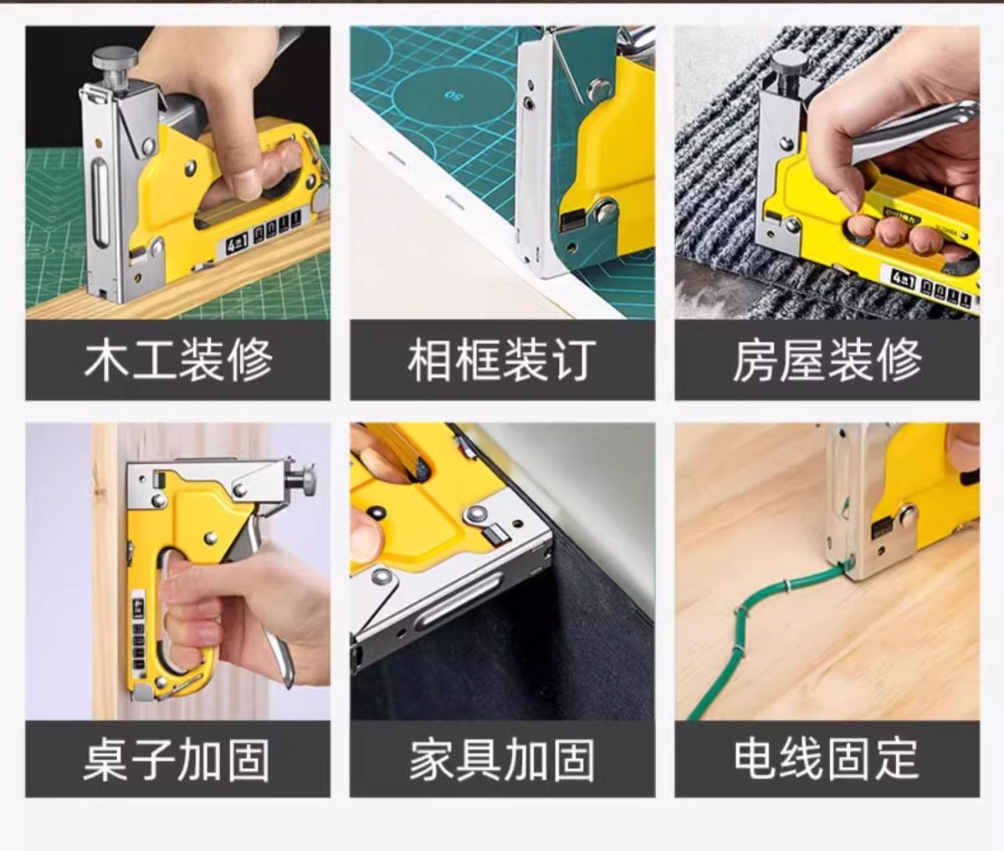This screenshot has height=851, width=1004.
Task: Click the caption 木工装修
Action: (x=178, y=359)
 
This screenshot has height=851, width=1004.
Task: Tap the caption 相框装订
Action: (x=502, y=359)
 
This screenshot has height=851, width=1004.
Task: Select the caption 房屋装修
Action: (x=827, y=359)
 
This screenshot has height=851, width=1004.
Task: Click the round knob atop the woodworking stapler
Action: (x=115, y=59)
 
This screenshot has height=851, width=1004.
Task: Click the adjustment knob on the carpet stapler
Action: (x=791, y=63)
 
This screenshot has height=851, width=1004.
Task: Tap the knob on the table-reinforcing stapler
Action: (x=307, y=480)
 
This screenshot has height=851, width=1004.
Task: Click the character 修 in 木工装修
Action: (x=251, y=359)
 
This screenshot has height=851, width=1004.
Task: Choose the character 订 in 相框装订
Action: (x=575, y=359)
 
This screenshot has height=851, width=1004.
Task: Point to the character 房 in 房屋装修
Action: (x=755, y=359)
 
